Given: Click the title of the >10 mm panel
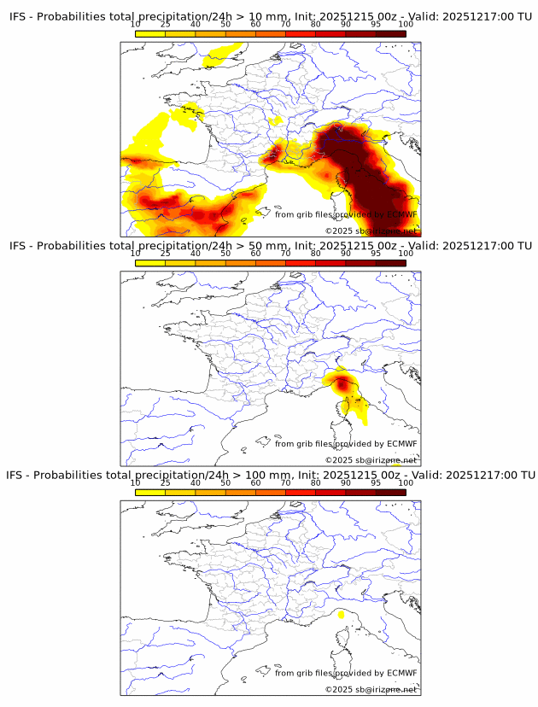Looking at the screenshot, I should click(x=269, y=16).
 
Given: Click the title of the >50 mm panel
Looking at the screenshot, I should click(x=269, y=246).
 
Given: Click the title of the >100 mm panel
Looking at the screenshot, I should click(x=269, y=475).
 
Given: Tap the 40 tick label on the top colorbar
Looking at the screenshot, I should click(x=196, y=24).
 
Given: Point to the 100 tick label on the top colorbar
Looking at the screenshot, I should click(x=406, y=24).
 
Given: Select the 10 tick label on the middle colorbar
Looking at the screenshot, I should click(x=136, y=254).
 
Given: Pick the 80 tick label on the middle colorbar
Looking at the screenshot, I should click(x=316, y=254).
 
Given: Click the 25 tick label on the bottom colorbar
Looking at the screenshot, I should click(x=166, y=482).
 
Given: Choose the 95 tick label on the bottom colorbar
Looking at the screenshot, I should click(x=376, y=482).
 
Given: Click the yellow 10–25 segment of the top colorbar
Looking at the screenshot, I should click(x=150, y=34).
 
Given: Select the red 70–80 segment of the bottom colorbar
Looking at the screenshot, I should click(x=301, y=493).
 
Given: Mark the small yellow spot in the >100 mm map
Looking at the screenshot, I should click(x=341, y=614).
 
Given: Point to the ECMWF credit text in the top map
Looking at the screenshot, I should click(x=346, y=214).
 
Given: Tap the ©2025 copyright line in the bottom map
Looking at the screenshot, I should click(x=371, y=689).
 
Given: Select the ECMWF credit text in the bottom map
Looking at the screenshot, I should click(x=346, y=673).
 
